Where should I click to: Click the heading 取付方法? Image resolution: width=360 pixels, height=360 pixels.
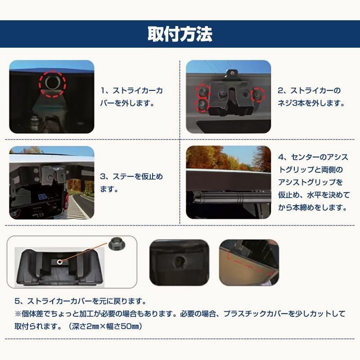180,34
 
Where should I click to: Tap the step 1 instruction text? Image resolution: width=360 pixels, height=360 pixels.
131,96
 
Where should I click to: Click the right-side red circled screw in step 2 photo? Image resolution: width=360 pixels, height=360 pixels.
258,94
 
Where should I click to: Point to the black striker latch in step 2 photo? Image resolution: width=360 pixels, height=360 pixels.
226,94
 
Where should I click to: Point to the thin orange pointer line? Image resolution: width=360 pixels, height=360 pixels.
85,253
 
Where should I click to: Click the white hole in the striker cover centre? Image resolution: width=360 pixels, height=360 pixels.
59,261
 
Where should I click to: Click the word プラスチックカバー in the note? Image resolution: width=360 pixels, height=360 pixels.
261,313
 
